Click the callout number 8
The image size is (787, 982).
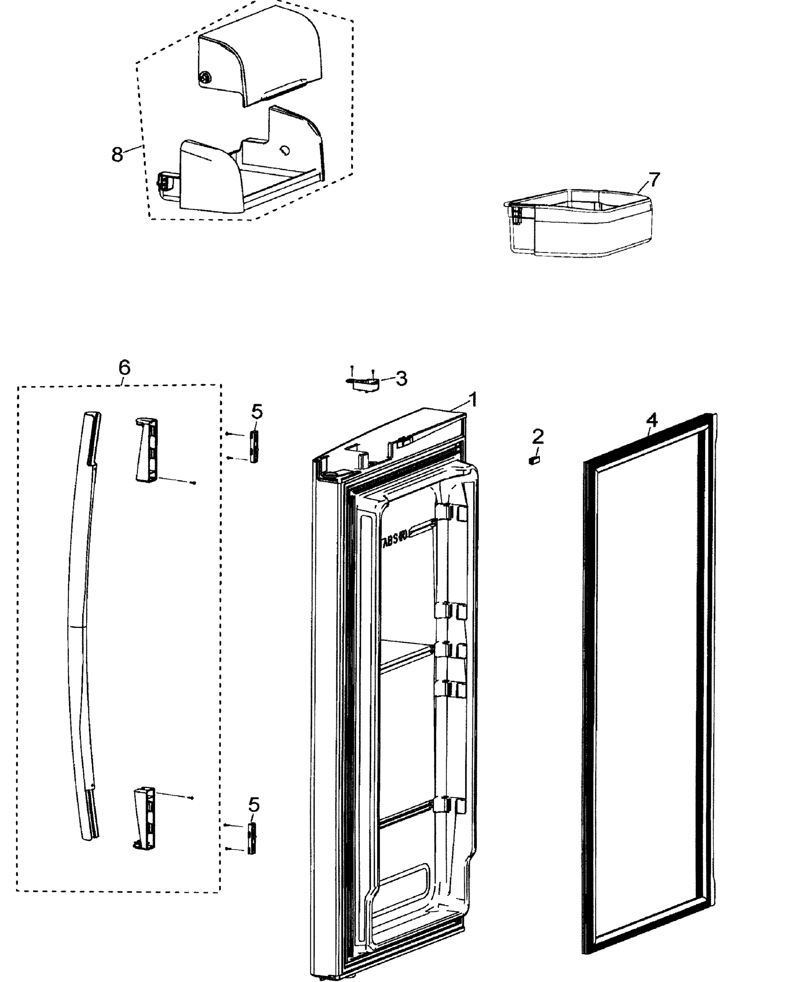pyautogui.click(x=117, y=154)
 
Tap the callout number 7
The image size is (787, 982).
pyautogui.click(x=654, y=180)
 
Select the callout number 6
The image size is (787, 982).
pyautogui.click(x=124, y=367)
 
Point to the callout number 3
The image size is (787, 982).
pyautogui.click(x=401, y=378)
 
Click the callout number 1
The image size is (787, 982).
pyautogui.click(x=473, y=400)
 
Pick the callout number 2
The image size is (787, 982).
pyautogui.click(x=538, y=437)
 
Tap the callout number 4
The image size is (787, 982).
pyautogui.click(x=652, y=420)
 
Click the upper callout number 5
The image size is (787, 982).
pyautogui.click(x=257, y=412)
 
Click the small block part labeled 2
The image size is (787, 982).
pyautogui.click(x=534, y=460)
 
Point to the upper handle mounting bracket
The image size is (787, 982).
pyautogui.click(x=147, y=450)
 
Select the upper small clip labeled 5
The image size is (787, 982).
pyautogui.click(x=254, y=447)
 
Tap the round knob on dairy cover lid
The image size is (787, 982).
pyautogui.click(x=206, y=78)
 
